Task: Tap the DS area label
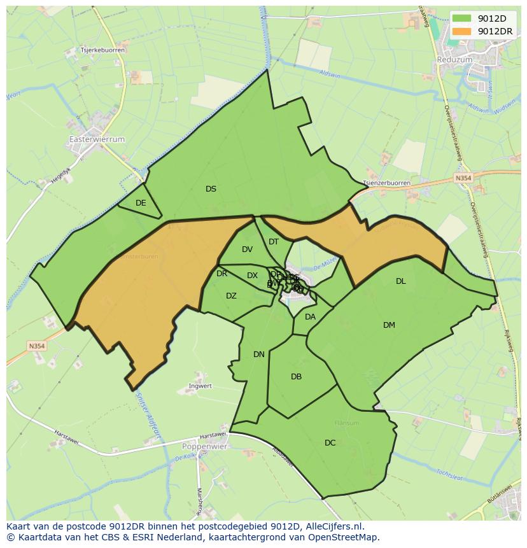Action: [x=211, y=189]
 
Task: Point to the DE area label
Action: [x=141, y=203]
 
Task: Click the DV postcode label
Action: [x=247, y=249]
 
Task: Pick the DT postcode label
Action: [x=274, y=242]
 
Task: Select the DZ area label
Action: [x=231, y=296]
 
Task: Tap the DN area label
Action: [x=258, y=355]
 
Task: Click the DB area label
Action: [x=296, y=377]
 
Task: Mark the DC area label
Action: [x=330, y=443]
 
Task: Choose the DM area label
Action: [x=389, y=325]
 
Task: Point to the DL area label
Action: [x=400, y=281]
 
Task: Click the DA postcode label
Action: [x=310, y=317]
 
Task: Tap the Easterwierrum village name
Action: [x=97, y=139]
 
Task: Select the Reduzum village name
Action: [x=454, y=59]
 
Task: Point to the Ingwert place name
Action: [x=200, y=386]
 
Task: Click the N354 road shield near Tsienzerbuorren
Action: [x=463, y=179]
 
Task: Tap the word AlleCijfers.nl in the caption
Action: [x=334, y=527]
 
